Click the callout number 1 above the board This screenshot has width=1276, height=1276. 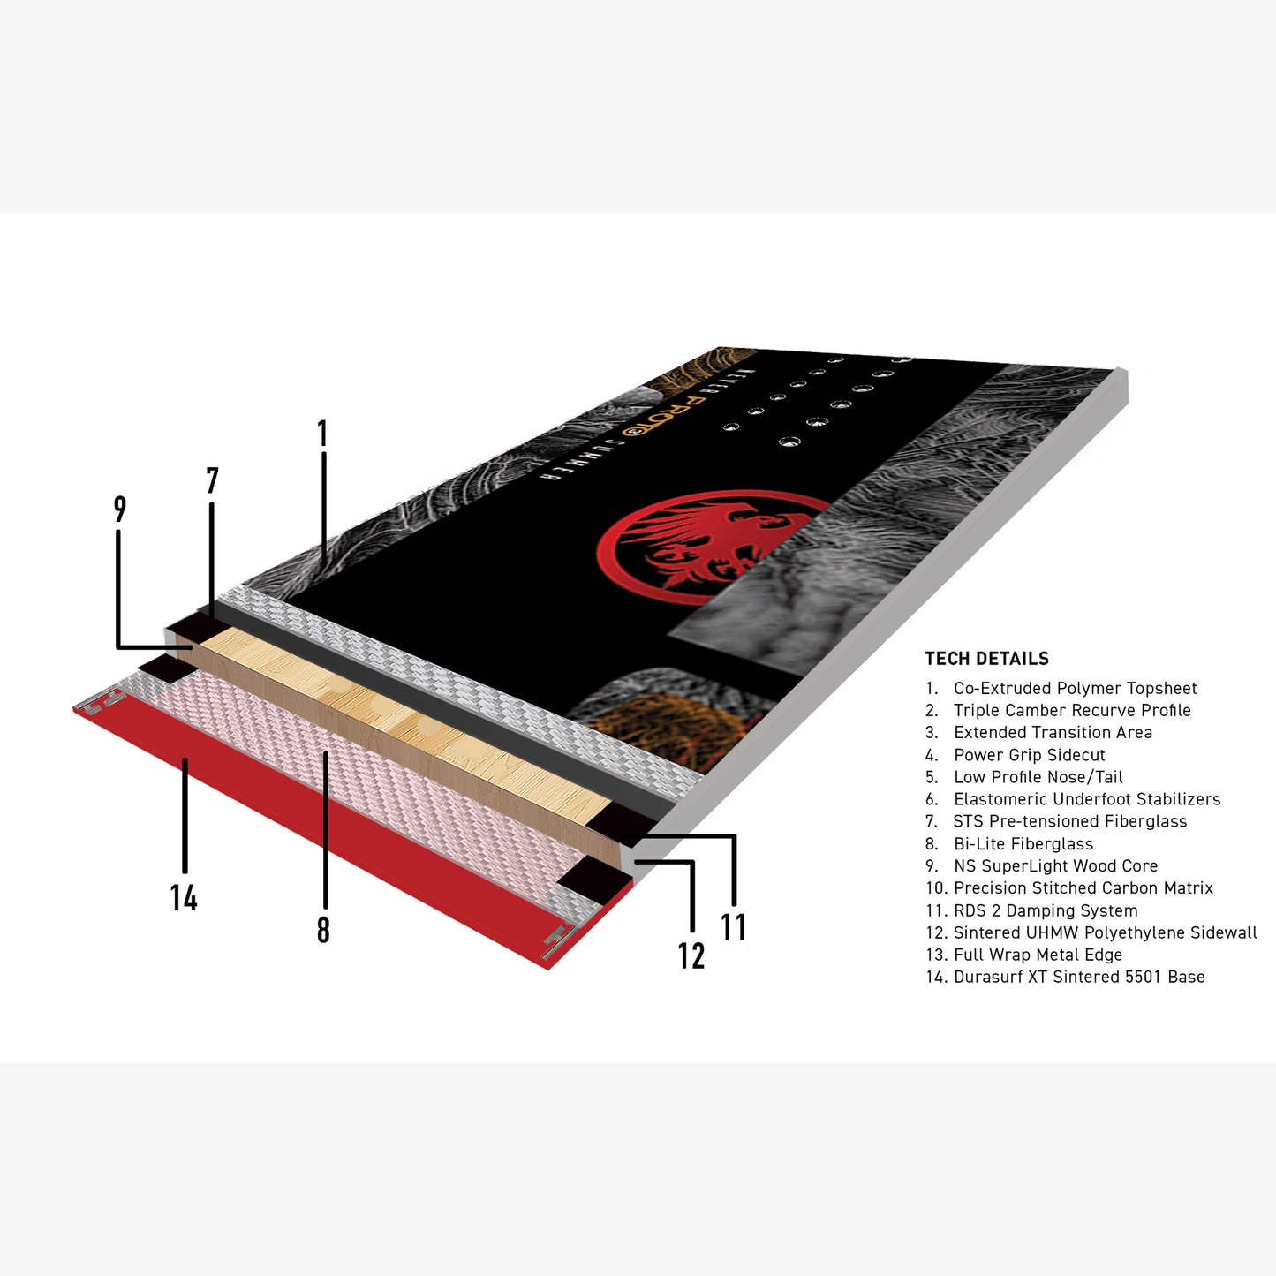coord(322,434)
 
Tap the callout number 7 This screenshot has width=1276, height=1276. coord(212,480)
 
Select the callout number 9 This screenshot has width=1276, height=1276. coord(120,509)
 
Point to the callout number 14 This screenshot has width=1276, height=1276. coord(184,898)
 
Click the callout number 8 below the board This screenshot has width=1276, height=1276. coord(323,930)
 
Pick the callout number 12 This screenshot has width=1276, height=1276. coord(691,955)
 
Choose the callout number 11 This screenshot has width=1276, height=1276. coord(734,926)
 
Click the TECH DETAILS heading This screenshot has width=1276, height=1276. coord(986,659)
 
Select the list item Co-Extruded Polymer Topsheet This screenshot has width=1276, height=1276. coord(1061,689)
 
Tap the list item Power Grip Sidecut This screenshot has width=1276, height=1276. coord(1016,755)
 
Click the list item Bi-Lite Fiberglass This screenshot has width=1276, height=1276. coord(1009,843)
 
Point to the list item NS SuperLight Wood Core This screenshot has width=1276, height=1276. coord(1042,866)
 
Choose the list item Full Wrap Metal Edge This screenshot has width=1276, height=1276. coord(1023,955)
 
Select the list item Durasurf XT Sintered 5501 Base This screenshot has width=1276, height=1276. coord(1065,977)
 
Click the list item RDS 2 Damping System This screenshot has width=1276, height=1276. coord(1031,910)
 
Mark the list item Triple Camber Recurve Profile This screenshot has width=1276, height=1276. coord(1058,711)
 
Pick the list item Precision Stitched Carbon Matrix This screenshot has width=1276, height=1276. coord(1069,888)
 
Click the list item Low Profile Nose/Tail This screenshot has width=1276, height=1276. coord(1023,777)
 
